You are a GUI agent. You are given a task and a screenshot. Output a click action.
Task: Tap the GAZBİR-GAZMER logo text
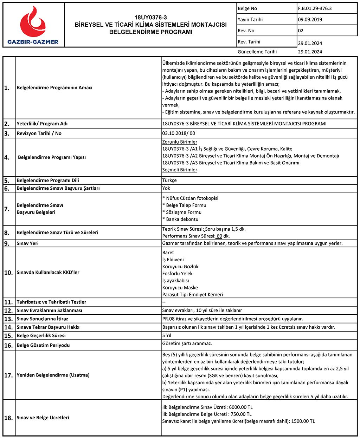(33, 42)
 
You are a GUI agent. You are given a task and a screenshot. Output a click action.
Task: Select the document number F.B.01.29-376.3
(315, 8)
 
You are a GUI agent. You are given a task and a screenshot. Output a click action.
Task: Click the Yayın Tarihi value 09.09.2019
(310, 20)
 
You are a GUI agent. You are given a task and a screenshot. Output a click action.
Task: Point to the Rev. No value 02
(301, 31)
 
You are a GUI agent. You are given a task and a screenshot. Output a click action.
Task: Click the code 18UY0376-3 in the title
(150, 18)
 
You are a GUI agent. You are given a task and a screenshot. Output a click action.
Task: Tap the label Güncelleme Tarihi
(257, 52)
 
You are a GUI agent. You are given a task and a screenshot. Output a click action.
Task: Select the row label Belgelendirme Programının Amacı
(54, 87)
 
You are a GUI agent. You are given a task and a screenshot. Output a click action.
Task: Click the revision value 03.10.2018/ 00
(179, 133)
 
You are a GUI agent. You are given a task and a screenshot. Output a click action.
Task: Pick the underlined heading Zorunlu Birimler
(180, 142)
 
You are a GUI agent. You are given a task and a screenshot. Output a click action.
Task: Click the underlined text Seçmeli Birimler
(180, 170)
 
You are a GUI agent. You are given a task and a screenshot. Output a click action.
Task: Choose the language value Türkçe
(169, 181)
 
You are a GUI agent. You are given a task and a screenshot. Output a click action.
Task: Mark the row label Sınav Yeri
(28, 243)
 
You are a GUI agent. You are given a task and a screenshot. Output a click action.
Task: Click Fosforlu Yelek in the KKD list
(177, 274)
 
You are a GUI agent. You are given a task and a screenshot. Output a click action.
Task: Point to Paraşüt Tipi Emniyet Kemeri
(193, 295)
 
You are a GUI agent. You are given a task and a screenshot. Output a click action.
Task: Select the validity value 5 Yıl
(167, 335)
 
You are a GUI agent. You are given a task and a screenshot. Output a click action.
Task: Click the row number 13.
(8, 319)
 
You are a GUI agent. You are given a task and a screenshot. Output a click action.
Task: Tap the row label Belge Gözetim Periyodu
(43, 345)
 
